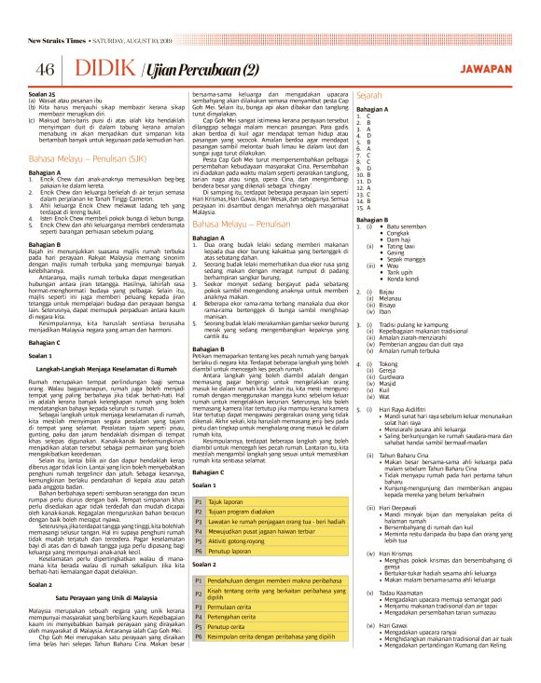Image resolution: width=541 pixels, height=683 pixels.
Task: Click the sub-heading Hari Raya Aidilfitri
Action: pos(409,407)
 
